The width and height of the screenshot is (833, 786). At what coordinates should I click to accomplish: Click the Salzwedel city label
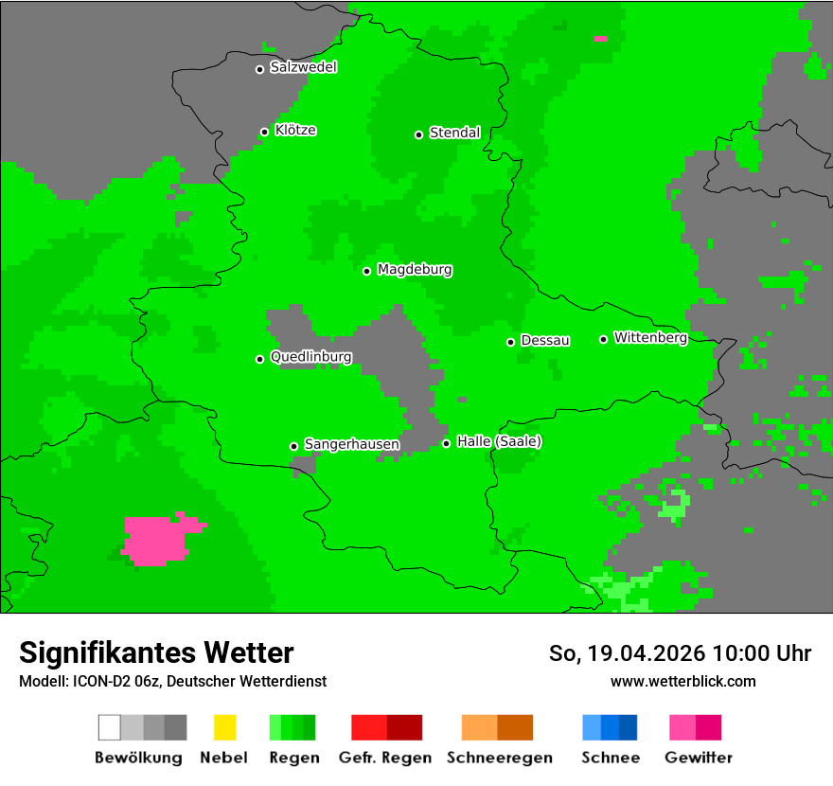(303, 67)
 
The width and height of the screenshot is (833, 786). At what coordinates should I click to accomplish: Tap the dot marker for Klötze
(264, 132)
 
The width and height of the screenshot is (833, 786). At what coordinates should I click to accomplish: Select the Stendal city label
(454, 133)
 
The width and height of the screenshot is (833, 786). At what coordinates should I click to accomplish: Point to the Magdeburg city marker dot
(366, 271)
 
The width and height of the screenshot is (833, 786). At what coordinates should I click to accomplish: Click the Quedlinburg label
(310, 357)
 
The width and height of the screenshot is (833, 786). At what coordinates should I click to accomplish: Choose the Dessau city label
(545, 340)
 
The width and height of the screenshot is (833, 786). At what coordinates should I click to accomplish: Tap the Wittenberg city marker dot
(603, 339)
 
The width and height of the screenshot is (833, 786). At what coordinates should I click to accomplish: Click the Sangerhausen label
(351, 444)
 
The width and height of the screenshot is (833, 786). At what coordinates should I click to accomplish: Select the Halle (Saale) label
(499, 441)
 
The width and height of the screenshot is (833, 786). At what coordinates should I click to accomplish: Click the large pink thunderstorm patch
(159, 539)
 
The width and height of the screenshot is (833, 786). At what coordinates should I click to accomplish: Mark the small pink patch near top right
(600, 39)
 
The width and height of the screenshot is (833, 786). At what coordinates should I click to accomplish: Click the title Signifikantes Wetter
(156, 653)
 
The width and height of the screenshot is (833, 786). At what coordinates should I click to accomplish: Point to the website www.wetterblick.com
(682, 681)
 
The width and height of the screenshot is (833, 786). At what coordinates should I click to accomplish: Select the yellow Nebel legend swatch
(224, 727)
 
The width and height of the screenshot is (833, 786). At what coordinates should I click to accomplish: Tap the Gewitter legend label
(698, 758)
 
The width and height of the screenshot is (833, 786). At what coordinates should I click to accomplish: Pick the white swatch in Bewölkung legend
(110, 727)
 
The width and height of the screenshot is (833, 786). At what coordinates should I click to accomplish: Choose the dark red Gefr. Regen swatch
(404, 727)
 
